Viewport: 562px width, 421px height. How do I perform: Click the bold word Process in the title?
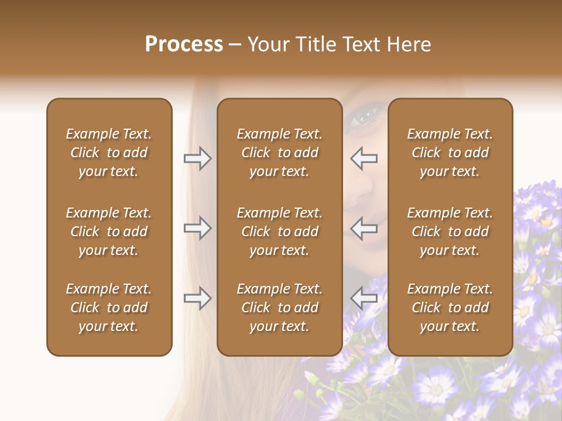(x=184, y=44)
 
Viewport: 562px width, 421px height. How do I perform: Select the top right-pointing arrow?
(x=198, y=158)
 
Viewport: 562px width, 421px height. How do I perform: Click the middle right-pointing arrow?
(x=198, y=228)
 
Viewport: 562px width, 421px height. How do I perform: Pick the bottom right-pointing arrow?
(x=198, y=298)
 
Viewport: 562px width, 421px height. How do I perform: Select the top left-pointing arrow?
(x=364, y=158)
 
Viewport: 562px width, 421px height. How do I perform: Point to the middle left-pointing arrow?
(x=364, y=228)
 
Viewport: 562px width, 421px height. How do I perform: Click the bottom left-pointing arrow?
(x=364, y=298)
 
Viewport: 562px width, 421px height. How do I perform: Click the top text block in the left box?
(x=109, y=153)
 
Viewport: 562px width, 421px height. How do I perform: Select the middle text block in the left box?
(x=109, y=232)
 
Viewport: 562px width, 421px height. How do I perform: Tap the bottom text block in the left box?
(x=109, y=308)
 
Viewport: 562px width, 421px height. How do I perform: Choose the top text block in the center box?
(x=279, y=153)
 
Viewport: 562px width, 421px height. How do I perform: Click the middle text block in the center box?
(x=279, y=232)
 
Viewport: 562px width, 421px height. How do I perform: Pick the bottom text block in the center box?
(x=279, y=308)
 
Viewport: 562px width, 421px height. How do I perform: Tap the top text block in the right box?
(x=450, y=153)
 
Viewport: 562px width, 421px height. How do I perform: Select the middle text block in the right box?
(x=450, y=232)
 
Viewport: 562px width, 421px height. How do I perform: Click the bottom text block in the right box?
(x=450, y=308)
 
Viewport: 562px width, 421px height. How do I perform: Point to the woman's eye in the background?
(x=366, y=116)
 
